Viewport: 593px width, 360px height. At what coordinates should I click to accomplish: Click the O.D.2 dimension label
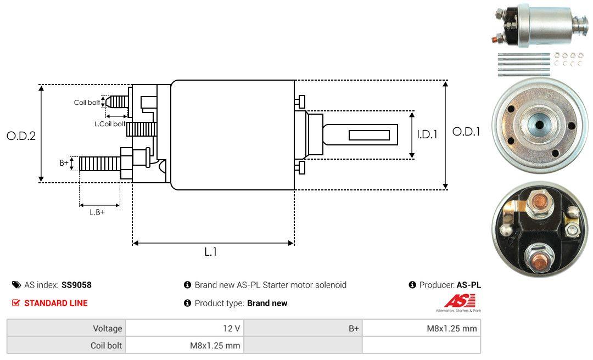[21, 136]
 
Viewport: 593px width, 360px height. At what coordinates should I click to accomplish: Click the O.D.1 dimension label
[466, 132]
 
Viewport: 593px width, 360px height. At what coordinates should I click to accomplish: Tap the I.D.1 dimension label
[427, 134]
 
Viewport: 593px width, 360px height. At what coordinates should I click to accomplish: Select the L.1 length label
[211, 252]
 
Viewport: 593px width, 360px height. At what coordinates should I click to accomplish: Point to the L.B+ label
[97, 212]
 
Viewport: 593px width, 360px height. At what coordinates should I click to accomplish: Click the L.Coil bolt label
[109, 124]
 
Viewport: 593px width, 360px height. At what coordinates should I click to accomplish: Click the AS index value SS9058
[76, 285]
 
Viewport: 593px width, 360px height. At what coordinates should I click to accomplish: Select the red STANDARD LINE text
[55, 303]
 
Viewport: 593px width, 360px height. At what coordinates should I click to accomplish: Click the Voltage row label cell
[107, 329]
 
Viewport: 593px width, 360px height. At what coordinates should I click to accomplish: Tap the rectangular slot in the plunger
[369, 136]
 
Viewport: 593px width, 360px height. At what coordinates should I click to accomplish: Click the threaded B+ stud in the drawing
[99, 163]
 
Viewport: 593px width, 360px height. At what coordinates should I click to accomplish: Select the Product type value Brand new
[267, 303]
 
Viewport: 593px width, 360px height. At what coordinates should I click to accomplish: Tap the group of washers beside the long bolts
[568, 59]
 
